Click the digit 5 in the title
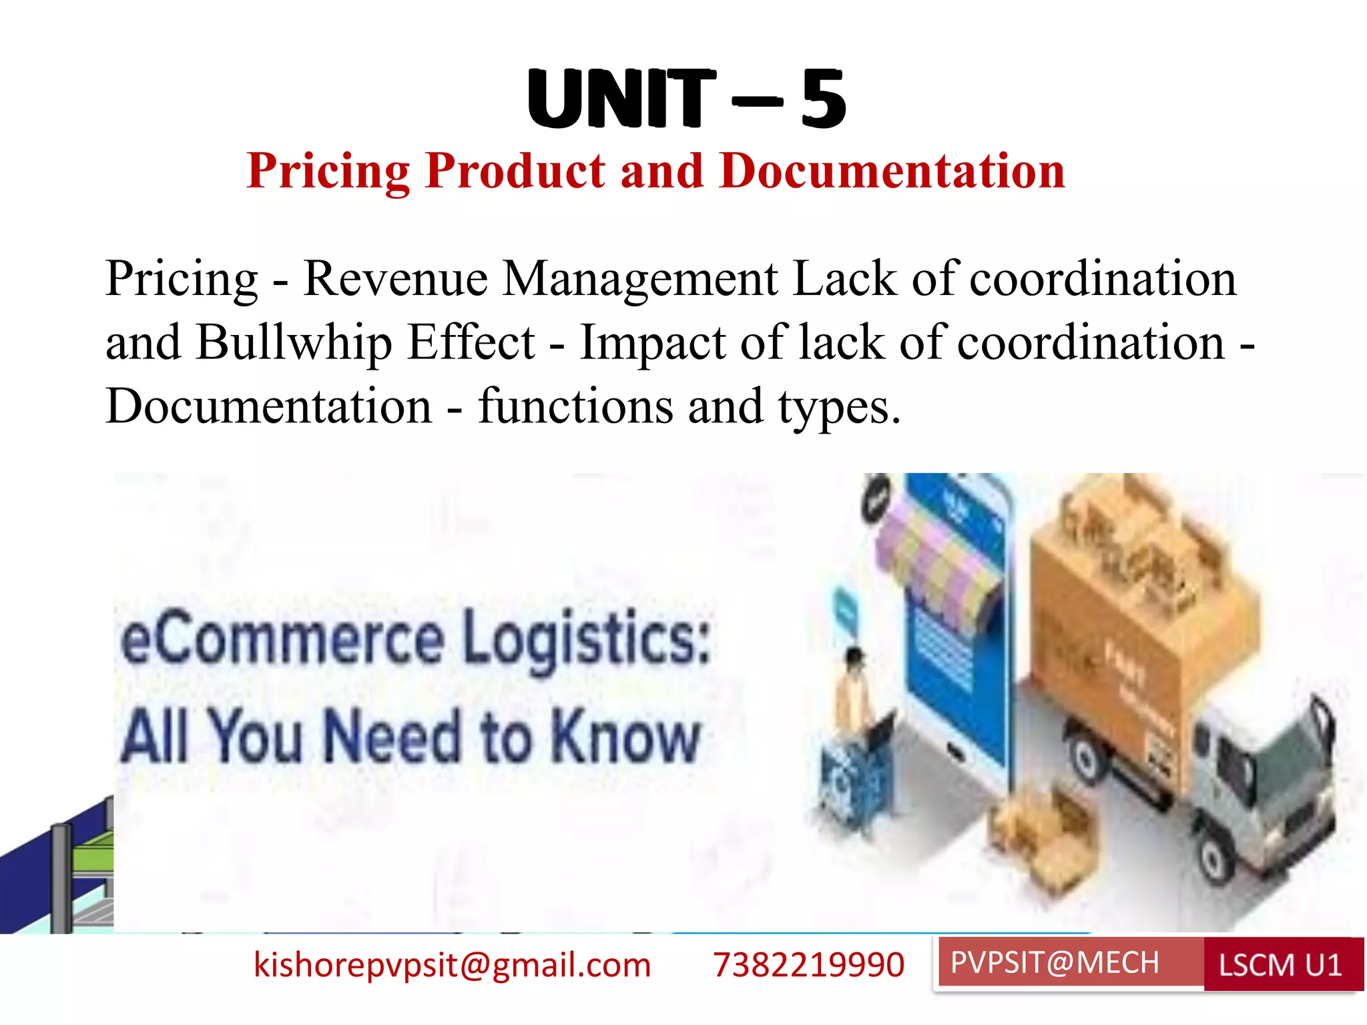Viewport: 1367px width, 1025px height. (x=824, y=100)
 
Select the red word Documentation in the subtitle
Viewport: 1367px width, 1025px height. (x=892, y=171)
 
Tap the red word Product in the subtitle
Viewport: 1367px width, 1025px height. (x=515, y=171)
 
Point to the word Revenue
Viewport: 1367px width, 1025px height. (x=396, y=278)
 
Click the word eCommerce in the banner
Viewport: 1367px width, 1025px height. (x=283, y=639)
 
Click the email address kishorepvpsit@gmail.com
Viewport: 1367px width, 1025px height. (x=452, y=965)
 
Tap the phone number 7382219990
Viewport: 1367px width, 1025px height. (x=808, y=965)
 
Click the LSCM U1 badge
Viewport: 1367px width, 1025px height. (x=1280, y=965)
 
